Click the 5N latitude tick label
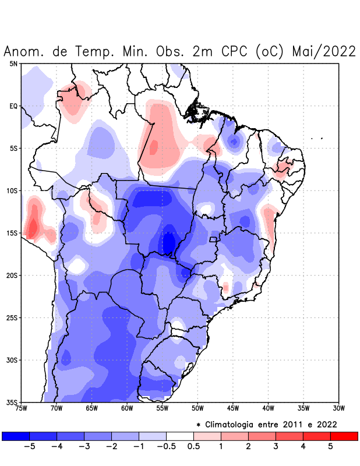pyautogui.click(x=13, y=63)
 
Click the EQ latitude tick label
pyautogui.click(x=13, y=106)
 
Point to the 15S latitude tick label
pyautogui.click(x=12, y=233)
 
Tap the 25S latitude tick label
pyautogui.click(x=12, y=317)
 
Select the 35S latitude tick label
pyautogui.click(x=12, y=402)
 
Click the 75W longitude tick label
pyautogui.click(x=22, y=408)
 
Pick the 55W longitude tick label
pyautogui.click(x=163, y=408)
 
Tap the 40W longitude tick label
pyautogui.click(x=269, y=408)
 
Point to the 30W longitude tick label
pyautogui.click(x=339, y=408)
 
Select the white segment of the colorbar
pyautogui.click(x=180, y=436)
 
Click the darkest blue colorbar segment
pyautogui.click(x=16, y=436)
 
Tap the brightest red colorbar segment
pyautogui.click(x=344, y=436)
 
